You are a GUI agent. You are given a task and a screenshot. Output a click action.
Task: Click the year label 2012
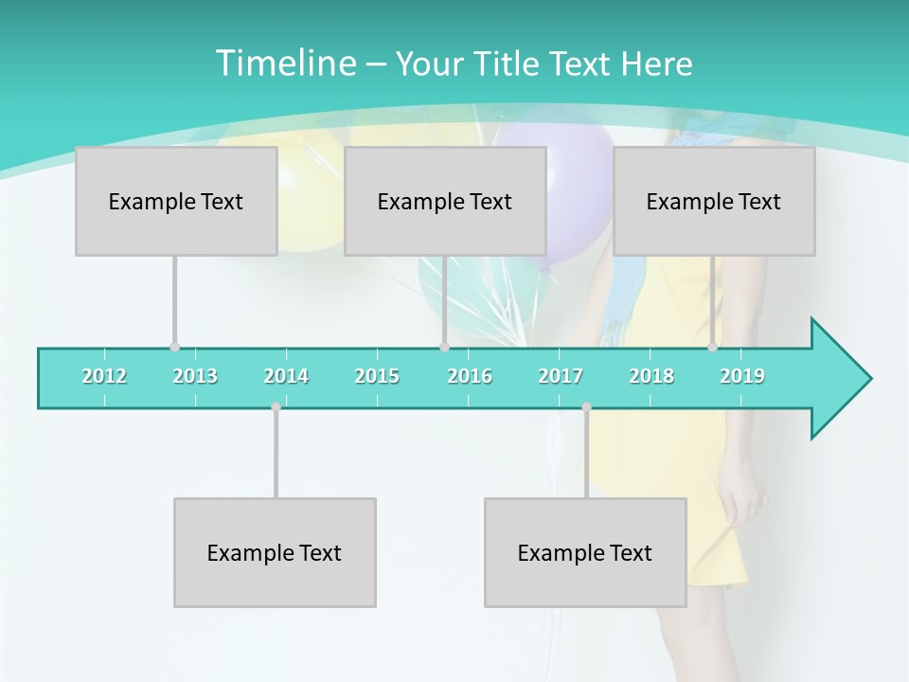tap(104, 377)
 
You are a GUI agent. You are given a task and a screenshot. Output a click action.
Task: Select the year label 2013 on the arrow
tap(195, 377)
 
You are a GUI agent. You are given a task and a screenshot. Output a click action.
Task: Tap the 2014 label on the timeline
tap(286, 377)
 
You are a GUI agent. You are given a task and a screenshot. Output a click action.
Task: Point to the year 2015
tap(377, 377)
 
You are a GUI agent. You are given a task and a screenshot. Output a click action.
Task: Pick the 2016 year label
tap(470, 377)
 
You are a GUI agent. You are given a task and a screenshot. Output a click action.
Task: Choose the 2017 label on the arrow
tap(561, 377)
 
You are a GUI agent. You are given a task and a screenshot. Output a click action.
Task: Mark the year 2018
tap(651, 377)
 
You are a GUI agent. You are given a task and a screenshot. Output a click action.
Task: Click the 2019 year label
tap(742, 377)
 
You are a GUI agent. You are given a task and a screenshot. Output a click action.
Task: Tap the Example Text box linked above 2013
tap(176, 201)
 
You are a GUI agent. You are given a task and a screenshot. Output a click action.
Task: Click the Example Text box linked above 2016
tap(445, 201)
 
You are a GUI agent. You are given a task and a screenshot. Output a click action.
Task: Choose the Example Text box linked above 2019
tap(714, 201)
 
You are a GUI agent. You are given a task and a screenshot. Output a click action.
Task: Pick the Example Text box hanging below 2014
tap(275, 552)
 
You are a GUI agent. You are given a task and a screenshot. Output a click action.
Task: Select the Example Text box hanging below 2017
tap(585, 552)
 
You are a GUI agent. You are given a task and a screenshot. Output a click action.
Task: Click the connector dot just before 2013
tap(174, 348)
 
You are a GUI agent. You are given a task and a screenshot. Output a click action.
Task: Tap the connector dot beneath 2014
tap(276, 407)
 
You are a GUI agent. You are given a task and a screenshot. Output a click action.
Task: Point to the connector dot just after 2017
tap(586, 407)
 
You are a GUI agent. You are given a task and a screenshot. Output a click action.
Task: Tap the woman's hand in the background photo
tap(748, 493)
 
